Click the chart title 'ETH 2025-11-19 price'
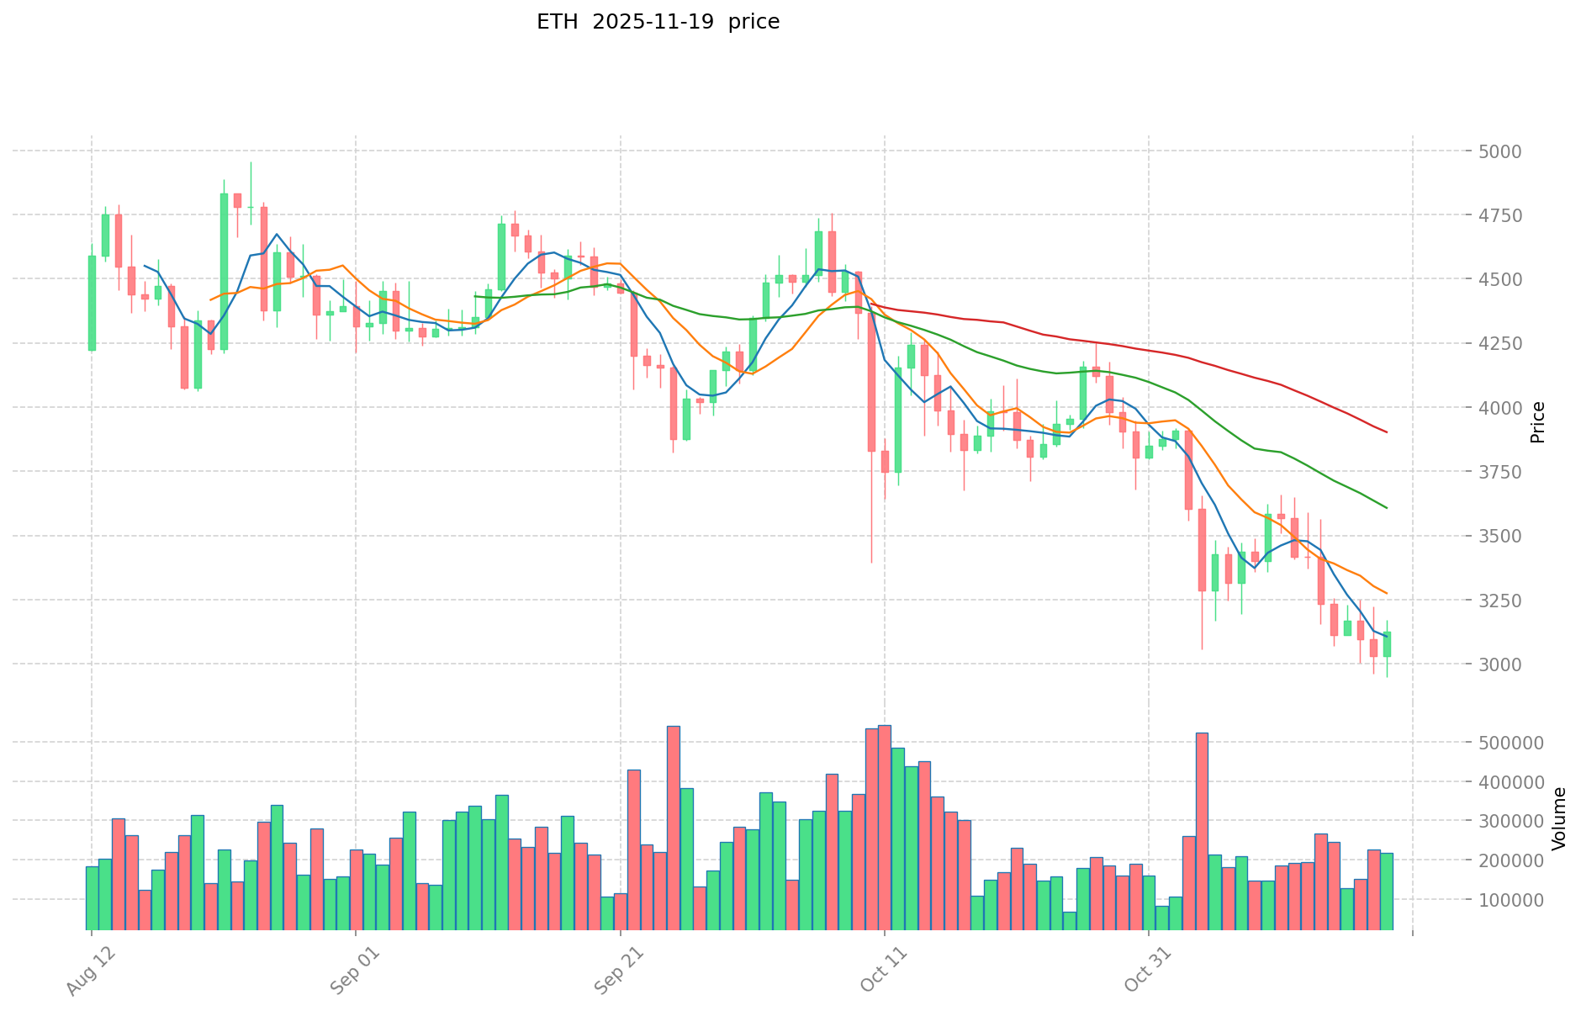click(658, 22)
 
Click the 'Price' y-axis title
click(1537, 422)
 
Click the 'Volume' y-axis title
click(1559, 818)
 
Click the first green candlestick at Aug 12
click(92, 303)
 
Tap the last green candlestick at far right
click(1387, 644)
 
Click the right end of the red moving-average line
click(1387, 432)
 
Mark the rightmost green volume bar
click(1387, 892)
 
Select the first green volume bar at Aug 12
click(92, 898)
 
